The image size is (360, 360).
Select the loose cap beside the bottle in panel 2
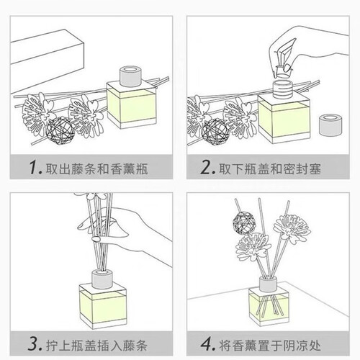(x=330, y=125)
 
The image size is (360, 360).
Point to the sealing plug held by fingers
(x=282, y=72)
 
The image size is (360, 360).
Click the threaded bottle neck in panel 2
(x=283, y=89)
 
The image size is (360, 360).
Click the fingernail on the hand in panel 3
(x=96, y=239)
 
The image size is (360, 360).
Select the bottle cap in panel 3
(x=102, y=279)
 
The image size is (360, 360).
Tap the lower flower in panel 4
(x=253, y=247)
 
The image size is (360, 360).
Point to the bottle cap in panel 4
(x=268, y=284)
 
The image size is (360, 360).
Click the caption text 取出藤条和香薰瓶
(x=96, y=169)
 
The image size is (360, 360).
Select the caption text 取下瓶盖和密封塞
(x=270, y=169)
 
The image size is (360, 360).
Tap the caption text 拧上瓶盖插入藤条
(x=96, y=346)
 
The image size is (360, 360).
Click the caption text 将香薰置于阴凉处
(x=270, y=346)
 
